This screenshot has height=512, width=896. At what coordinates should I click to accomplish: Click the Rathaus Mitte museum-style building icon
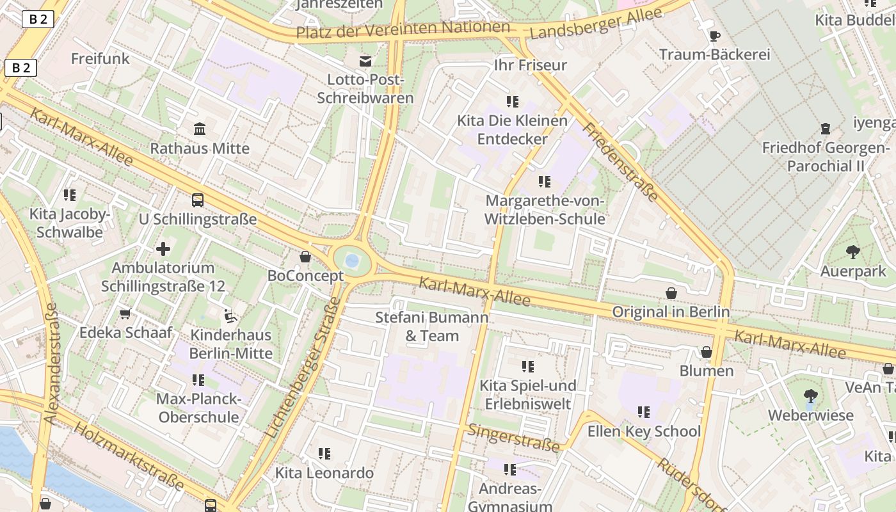[x=200, y=129]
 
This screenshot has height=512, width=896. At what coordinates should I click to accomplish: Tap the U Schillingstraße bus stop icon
[x=198, y=200]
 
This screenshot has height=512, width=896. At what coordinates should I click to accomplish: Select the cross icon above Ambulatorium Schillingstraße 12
[x=163, y=248]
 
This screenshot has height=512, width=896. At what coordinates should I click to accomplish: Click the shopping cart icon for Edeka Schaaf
[x=125, y=314]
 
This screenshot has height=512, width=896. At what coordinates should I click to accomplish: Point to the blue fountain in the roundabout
[x=351, y=260]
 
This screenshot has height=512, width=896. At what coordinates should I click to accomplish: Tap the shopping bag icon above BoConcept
[x=305, y=257]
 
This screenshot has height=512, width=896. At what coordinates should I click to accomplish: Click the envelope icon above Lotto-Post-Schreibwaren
[x=365, y=61]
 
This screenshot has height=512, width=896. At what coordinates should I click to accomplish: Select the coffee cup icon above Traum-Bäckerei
[x=714, y=36]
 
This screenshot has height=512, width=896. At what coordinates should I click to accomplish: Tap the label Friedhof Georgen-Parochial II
[x=826, y=157]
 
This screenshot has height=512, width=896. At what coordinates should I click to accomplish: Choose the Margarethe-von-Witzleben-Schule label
[x=545, y=209]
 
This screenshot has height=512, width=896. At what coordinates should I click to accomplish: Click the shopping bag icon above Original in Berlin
[x=671, y=293]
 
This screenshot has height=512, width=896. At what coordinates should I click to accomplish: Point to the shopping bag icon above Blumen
[x=707, y=352]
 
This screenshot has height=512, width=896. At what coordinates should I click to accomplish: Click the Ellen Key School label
[x=644, y=431]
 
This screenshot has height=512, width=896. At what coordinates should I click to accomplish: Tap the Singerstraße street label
[x=514, y=438]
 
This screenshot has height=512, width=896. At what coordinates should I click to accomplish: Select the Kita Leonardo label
[x=324, y=473]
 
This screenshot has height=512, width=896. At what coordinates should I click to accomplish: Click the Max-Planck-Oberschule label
[x=198, y=408]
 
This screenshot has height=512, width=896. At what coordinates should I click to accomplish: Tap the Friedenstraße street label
[x=620, y=163]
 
